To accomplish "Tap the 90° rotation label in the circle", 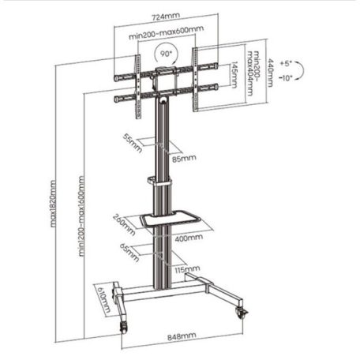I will (166, 56).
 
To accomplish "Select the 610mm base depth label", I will (104, 300).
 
